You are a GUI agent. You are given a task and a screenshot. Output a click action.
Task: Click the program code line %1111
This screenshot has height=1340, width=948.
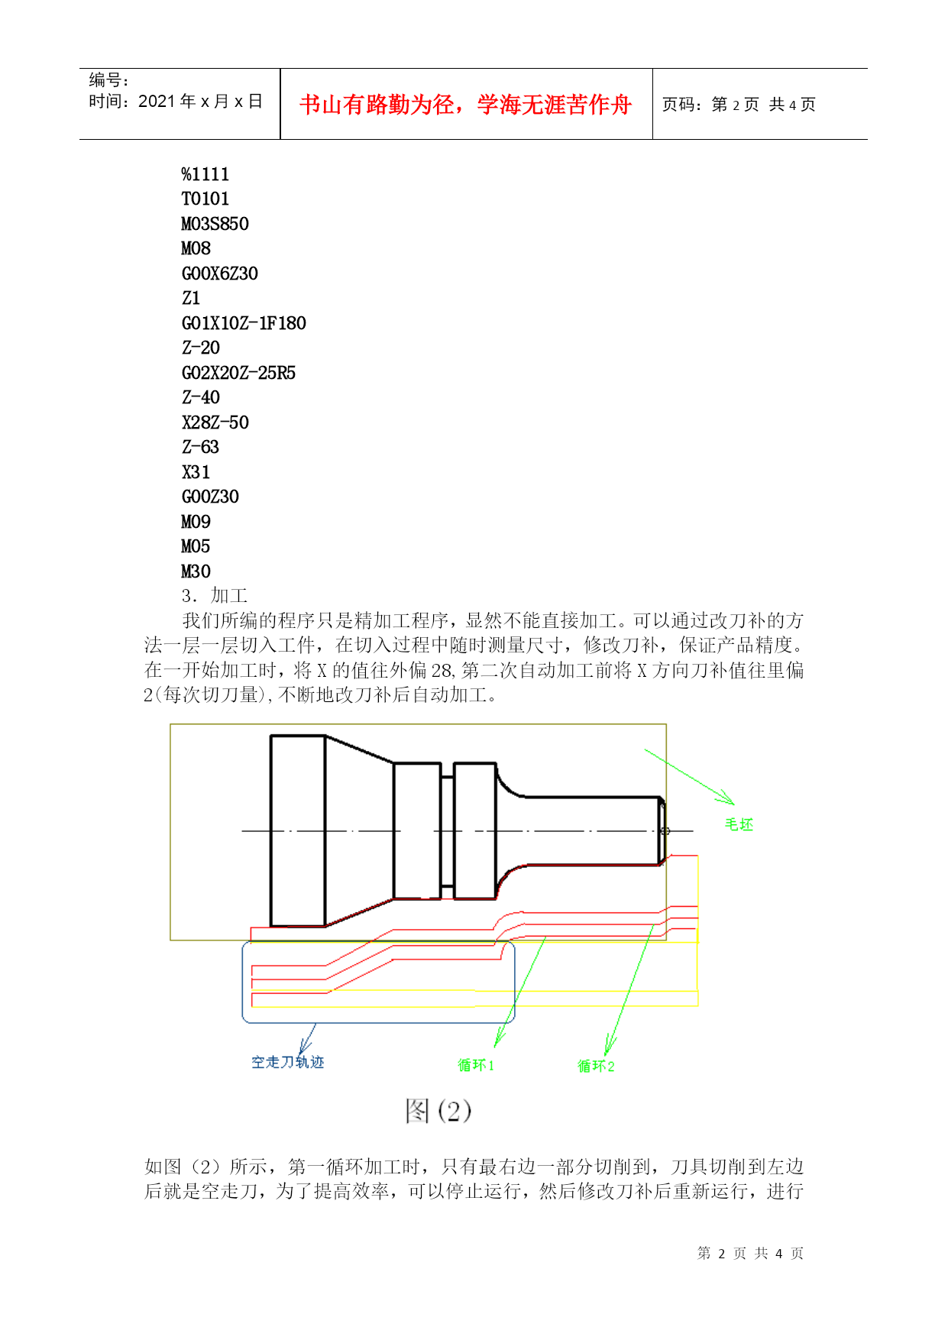click(205, 174)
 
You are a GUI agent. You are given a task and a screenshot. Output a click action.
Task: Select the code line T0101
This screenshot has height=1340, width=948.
click(205, 199)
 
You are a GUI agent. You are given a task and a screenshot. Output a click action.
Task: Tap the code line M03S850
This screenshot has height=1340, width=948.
click(215, 224)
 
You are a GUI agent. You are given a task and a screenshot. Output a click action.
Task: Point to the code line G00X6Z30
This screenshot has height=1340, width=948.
click(220, 274)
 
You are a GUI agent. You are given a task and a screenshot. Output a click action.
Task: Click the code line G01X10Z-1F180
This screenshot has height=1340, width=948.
click(244, 323)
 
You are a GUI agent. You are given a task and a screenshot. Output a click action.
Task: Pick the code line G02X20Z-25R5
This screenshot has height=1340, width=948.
click(238, 373)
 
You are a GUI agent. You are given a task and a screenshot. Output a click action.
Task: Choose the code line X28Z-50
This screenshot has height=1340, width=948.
click(215, 422)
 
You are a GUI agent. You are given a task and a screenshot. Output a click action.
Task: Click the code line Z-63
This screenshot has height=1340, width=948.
click(200, 447)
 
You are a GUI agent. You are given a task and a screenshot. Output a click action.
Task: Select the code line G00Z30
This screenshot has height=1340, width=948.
click(210, 497)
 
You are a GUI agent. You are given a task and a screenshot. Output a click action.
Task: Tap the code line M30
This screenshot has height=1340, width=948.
click(196, 571)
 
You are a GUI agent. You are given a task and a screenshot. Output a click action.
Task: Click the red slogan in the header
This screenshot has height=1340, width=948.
click(466, 105)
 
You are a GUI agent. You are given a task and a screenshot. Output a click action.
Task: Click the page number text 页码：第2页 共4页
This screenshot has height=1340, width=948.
click(739, 105)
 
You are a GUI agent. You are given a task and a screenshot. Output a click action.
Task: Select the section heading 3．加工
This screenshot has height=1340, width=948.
click(215, 596)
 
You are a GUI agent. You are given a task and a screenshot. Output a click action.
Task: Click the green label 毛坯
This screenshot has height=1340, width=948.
click(739, 824)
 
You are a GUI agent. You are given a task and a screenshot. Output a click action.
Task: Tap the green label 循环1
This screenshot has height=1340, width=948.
click(476, 1065)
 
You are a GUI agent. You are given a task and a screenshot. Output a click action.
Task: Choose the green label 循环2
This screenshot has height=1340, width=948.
click(596, 1066)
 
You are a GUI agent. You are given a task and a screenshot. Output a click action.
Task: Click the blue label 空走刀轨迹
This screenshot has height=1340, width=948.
click(288, 1062)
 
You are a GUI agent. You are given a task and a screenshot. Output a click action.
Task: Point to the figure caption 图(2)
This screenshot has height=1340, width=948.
click(438, 1111)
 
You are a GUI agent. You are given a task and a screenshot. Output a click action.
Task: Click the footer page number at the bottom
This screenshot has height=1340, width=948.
click(750, 1254)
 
